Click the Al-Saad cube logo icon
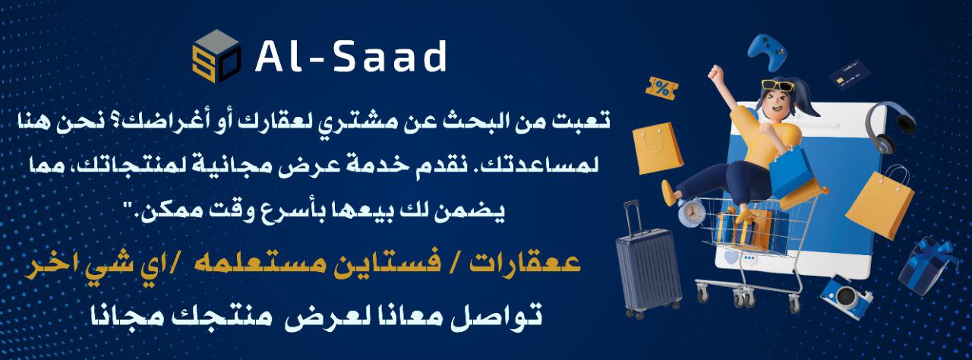pyautogui.click(x=217, y=55)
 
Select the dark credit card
pyautogui.click(x=850, y=74)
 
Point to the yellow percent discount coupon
pyautogui.click(x=662, y=88)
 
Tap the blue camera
pyautogui.click(x=846, y=296)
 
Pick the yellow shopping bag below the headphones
pyautogui.click(x=880, y=204)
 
